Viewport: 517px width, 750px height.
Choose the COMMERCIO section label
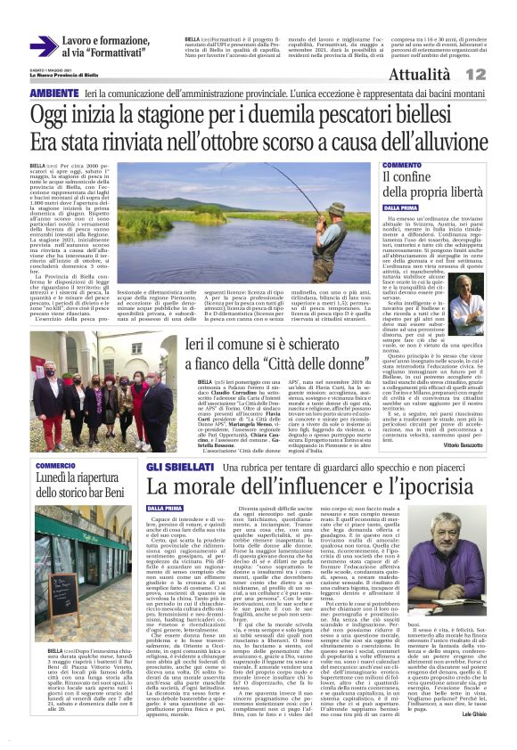coord(55,466)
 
